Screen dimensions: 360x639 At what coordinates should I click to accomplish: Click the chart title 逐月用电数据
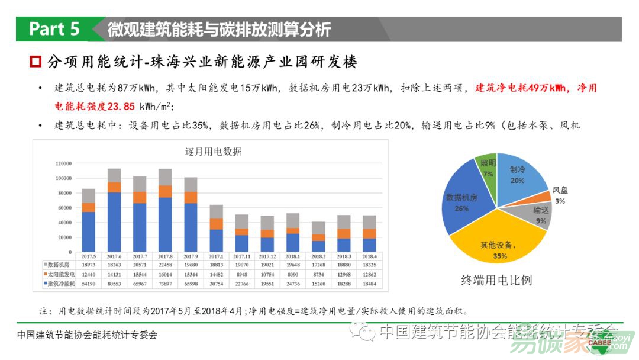[214, 152]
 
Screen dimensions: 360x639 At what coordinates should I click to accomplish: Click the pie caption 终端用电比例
[496, 280]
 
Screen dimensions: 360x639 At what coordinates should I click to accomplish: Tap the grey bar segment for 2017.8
[165, 176]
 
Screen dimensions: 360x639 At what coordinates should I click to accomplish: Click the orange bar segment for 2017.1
[216, 224]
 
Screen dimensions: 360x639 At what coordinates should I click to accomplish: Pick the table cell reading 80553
[114, 284]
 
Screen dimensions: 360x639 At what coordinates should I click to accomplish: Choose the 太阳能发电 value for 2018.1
[293, 275]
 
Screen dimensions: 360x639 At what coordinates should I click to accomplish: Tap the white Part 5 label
[54, 29]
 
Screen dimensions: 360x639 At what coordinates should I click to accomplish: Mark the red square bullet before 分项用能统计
[35, 62]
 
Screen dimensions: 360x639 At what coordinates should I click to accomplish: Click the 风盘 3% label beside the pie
[560, 195]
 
